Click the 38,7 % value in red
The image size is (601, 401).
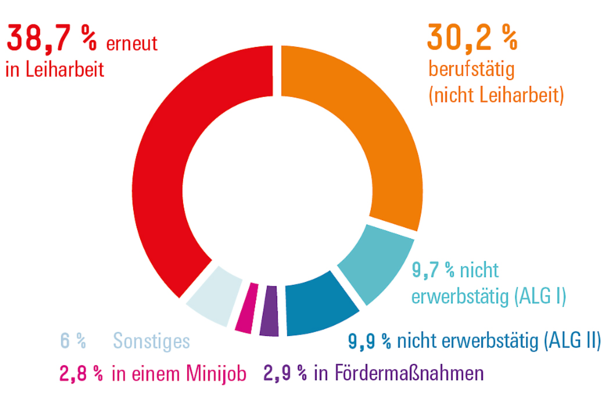point(52,38)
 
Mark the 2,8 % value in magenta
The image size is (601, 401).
point(81,373)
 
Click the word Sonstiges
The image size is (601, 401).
point(151,341)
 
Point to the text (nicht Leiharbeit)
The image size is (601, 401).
point(496,96)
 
